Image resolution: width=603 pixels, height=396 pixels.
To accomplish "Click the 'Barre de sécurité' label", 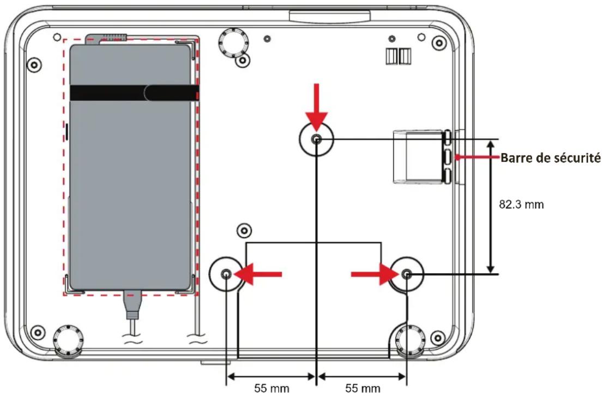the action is pyautogui.click(x=550, y=158).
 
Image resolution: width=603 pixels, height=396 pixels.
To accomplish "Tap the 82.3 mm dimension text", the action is pyautogui.click(x=521, y=204).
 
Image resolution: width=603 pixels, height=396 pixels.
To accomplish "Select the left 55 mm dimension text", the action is pyautogui.click(x=272, y=388).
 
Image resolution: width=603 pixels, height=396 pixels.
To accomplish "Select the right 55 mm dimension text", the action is pyautogui.click(x=363, y=388).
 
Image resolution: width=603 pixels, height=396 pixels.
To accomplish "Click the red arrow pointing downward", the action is pyautogui.click(x=317, y=108).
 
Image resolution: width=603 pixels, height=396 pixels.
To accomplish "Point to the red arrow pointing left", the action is pyautogui.click(x=258, y=274).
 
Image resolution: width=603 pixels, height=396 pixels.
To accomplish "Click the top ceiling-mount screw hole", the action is pyautogui.click(x=317, y=139).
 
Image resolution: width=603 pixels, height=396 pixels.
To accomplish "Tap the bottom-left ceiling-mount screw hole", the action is pyautogui.click(x=226, y=274).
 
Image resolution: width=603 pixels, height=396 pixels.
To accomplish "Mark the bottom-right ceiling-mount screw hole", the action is pyautogui.click(x=407, y=274).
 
